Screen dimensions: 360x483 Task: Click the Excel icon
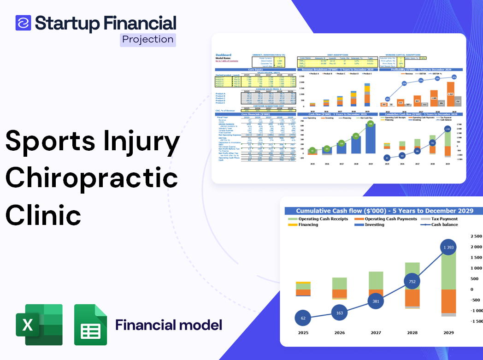(x=39, y=325)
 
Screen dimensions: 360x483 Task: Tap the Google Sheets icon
(x=90, y=325)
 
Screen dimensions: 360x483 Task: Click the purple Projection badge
(x=147, y=40)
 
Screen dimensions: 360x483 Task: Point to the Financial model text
(x=169, y=325)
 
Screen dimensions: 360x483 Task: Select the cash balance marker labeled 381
(x=376, y=301)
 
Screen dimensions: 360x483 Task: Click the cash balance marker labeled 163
(x=339, y=313)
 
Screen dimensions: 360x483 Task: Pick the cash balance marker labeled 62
(x=303, y=318)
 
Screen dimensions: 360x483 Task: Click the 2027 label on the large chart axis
(x=376, y=332)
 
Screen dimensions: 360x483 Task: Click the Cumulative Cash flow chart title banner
(x=384, y=211)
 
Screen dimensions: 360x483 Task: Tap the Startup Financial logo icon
(x=24, y=23)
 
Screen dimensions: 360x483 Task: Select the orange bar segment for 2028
(x=412, y=297)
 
